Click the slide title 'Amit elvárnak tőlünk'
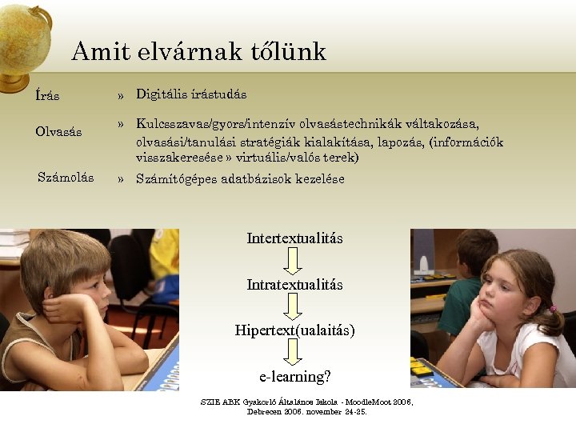click(x=198, y=52)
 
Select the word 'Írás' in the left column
click(x=47, y=96)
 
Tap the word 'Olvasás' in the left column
click(x=58, y=131)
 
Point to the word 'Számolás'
click(x=66, y=177)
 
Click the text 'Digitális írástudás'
click(x=191, y=94)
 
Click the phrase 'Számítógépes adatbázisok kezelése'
click(x=240, y=178)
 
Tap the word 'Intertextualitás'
click(x=294, y=238)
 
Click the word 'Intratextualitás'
click(x=294, y=285)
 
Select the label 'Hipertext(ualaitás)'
click(x=294, y=330)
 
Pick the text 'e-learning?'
click(x=294, y=375)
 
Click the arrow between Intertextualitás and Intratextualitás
click(x=294, y=261)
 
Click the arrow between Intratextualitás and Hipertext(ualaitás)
click(x=294, y=307)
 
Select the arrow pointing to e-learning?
click(x=294, y=352)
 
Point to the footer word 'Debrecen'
click(x=264, y=411)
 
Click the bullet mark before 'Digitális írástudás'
click(x=120, y=96)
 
